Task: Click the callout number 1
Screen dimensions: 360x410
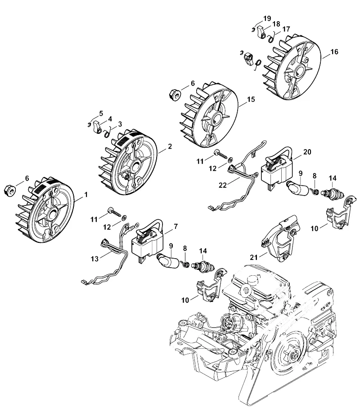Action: (86, 195)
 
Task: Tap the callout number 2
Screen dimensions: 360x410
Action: (170, 146)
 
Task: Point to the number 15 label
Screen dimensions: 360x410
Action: (251, 100)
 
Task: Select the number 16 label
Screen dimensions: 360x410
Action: (334, 52)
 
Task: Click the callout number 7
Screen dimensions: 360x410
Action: (175, 226)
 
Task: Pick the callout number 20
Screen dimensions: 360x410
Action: (307, 152)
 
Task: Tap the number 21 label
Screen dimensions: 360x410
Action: (254, 257)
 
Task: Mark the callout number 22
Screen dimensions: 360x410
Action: (223, 185)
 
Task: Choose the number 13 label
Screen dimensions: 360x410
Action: (94, 259)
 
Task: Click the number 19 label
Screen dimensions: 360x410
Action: (267, 18)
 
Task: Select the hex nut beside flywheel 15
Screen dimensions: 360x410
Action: (175, 94)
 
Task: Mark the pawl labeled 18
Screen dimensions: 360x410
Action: (261, 32)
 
